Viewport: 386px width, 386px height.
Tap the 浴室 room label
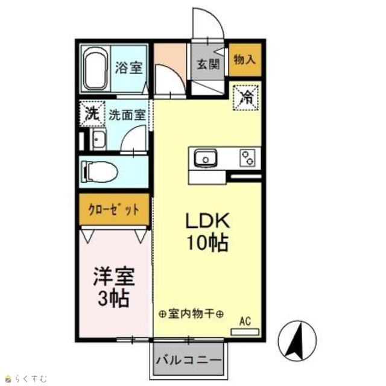[128, 68]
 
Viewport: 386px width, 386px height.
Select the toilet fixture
[100, 172]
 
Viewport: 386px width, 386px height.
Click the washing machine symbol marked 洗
[92, 114]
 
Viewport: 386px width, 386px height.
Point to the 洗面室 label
[127, 115]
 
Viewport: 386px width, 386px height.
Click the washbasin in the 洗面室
[98, 139]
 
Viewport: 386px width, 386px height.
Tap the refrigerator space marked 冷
[246, 98]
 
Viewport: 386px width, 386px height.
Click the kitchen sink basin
[206, 158]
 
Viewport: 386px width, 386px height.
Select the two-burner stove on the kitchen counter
[247, 158]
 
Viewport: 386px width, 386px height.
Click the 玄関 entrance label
[207, 65]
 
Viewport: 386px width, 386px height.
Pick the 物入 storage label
[244, 60]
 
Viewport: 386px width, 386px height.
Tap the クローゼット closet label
[114, 210]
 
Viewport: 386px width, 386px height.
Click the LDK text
[207, 221]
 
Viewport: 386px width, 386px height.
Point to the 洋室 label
[114, 277]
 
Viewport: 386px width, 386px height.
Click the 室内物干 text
[191, 314]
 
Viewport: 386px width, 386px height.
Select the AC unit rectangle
[245, 332]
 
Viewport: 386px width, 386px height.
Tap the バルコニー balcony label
[189, 361]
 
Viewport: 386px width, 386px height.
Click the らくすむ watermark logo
[27, 378]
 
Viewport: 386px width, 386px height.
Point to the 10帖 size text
[207, 242]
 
